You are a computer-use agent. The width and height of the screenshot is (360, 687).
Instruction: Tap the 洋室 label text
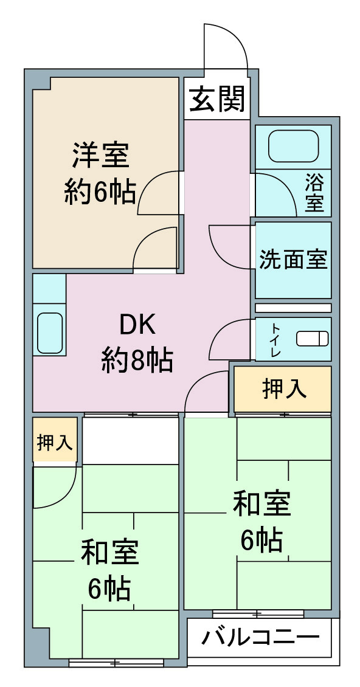point(101,154)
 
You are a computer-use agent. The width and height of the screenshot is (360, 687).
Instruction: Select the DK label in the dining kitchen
point(137,325)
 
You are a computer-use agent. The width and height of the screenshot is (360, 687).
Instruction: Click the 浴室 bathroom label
point(314,193)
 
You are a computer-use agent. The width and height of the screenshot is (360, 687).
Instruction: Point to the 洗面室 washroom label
point(293,260)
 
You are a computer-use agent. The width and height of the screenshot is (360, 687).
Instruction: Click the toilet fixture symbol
point(312,339)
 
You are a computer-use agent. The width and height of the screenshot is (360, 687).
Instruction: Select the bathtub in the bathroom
point(293,146)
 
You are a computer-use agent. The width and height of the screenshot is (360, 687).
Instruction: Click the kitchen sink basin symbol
point(49,333)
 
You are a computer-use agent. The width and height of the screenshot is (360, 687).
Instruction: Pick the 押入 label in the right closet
point(284,389)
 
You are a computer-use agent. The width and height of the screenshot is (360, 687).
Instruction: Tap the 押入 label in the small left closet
point(54,442)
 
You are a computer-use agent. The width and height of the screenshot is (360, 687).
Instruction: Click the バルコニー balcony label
point(261,638)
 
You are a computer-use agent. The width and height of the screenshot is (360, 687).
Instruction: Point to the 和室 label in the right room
point(261,504)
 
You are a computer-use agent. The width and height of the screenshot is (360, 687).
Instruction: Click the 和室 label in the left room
point(109,553)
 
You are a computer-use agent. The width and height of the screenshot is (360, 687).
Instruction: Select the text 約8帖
point(137,359)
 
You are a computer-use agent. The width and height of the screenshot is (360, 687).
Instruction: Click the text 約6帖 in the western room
point(100,192)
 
